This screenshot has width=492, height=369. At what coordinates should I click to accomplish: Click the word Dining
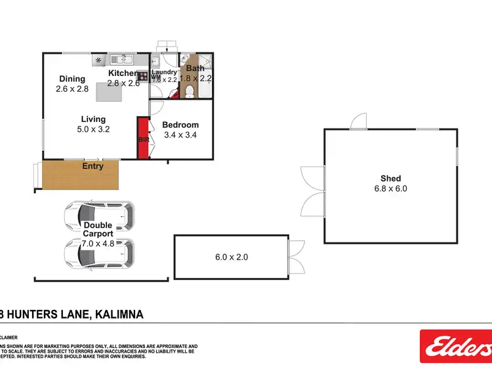(x=72, y=79)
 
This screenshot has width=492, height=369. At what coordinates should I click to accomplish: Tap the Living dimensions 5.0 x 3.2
(x=92, y=129)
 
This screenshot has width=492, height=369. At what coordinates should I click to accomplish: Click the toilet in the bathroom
(x=187, y=93)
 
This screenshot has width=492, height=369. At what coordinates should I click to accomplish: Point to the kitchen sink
(x=119, y=58)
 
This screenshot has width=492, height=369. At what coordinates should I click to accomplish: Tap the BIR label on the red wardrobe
(x=142, y=140)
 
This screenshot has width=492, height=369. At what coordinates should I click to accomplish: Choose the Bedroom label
(x=180, y=125)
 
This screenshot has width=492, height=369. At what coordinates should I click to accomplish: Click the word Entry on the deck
(x=92, y=166)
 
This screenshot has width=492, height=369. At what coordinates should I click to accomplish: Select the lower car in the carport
(x=99, y=253)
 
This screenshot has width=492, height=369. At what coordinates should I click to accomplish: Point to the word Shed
(x=390, y=178)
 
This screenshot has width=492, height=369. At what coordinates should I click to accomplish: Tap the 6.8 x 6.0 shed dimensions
(x=390, y=189)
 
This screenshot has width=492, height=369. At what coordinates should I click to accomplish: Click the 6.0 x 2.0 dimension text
(x=232, y=258)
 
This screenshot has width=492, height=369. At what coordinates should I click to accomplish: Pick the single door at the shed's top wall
(x=358, y=122)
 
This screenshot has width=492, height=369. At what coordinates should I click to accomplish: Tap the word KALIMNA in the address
(x=119, y=315)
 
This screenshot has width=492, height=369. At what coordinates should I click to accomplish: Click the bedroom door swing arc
(x=157, y=108)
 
